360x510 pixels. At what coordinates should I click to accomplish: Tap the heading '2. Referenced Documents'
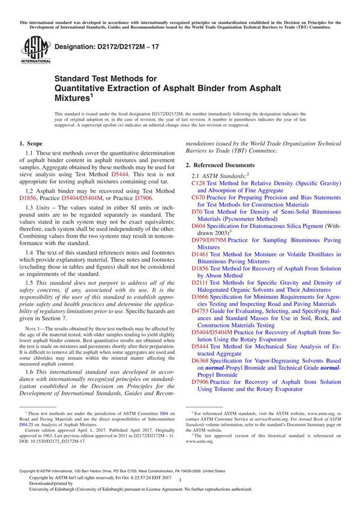[220, 164]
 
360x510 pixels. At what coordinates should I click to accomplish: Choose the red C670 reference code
[198, 197]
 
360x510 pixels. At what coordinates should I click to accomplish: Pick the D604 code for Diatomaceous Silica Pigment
[199, 226]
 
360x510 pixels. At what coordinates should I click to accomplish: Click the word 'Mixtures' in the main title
[71, 97]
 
